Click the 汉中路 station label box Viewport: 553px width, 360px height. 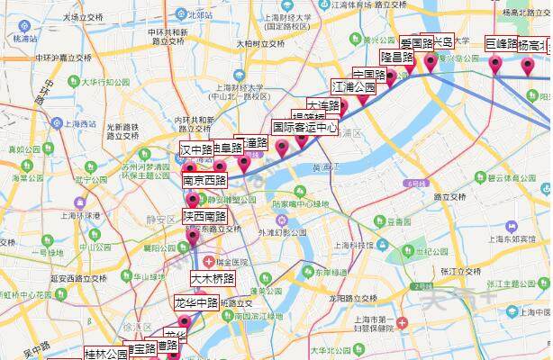pyautogui.click(x=196, y=148)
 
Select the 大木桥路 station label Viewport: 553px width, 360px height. pyautogui.click(x=213, y=278)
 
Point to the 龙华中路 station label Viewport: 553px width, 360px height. pyautogui.click(x=196, y=303)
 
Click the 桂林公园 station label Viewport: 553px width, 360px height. pyautogui.click(x=106, y=354)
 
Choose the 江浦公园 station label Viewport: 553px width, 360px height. pyautogui.click(x=353, y=87)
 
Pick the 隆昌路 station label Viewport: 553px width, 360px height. pyautogui.click(x=396, y=57)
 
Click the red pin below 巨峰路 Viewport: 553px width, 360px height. pyautogui.click(x=495, y=63)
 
